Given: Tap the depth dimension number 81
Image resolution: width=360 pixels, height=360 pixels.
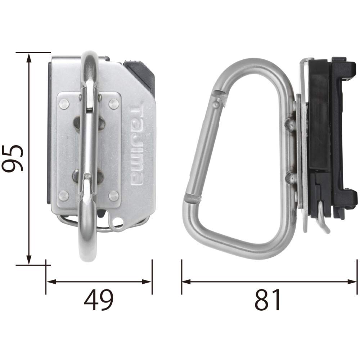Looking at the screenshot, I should (x=268, y=301).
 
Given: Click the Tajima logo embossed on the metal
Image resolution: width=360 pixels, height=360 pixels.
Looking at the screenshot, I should (x=136, y=145).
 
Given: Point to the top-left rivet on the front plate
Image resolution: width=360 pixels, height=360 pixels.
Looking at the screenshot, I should (x=64, y=104).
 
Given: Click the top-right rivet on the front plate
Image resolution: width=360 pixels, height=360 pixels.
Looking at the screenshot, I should (x=114, y=104).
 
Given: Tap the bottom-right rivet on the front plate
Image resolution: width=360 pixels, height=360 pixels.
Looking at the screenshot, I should (x=114, y=195).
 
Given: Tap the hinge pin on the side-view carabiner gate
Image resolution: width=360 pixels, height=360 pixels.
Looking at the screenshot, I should (x=216, y=104).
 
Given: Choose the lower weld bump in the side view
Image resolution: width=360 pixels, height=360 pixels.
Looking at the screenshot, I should (x=290, y=176).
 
